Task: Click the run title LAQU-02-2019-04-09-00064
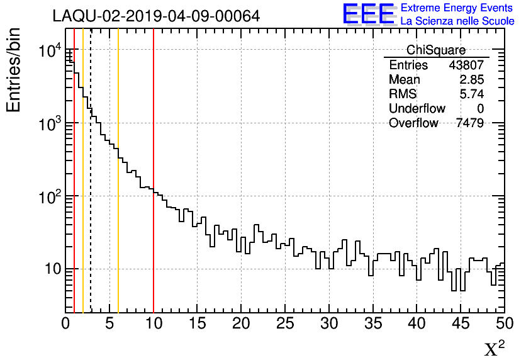pyautogui.click(x=156, y=16)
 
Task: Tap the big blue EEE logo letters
pyautogui.click(x=369, y=14)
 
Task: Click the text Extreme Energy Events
pyautogui.click(x=457, y=8)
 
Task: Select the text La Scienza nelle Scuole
pyautogui.click(x=457, y=21)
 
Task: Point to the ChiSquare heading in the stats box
pyautogui.click(x=436, y=50)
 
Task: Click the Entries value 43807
pyautogui.click(x=466, y=65)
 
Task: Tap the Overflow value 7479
pyautogui.click(x=469, y=123)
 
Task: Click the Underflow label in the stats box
pyautogui.click(x=417, y=109)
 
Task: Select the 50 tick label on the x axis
pyautogui.click(x=503, y=324)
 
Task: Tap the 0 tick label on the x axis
pyautogui.click(x=66, y=324)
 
